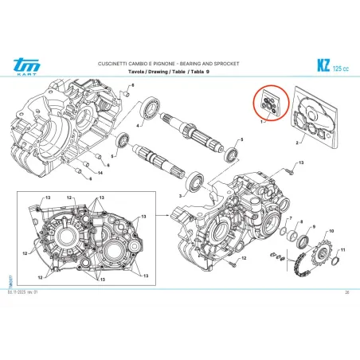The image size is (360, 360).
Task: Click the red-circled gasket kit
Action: [267, 104]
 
